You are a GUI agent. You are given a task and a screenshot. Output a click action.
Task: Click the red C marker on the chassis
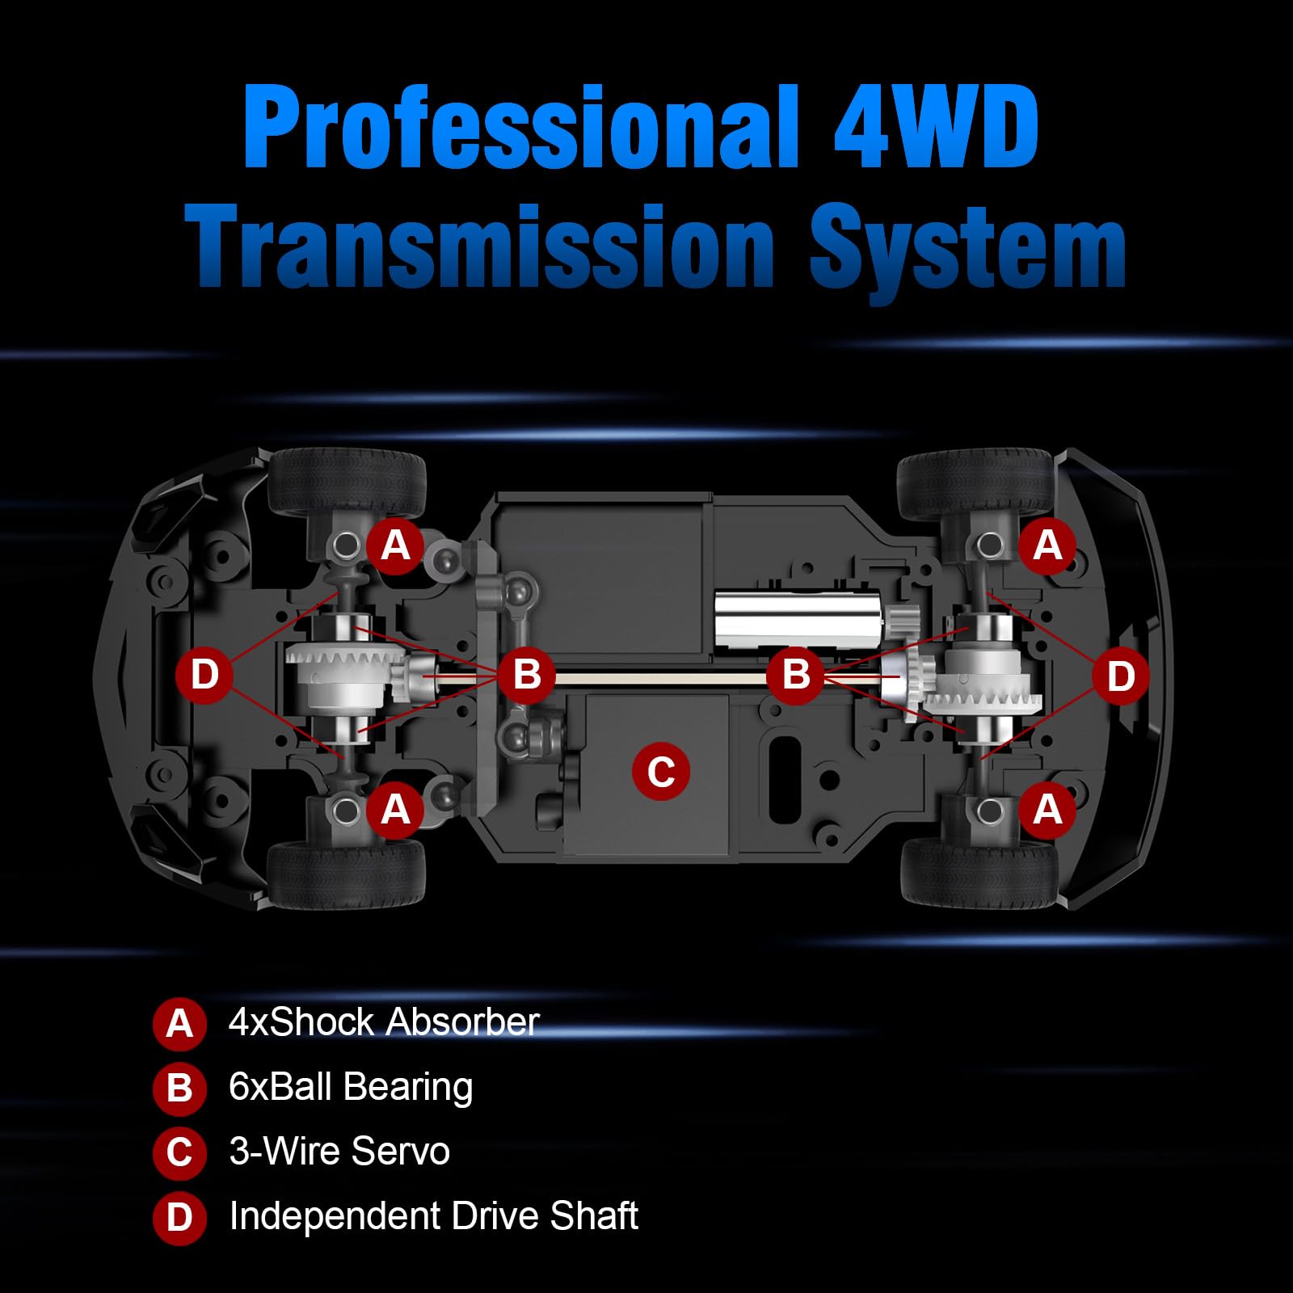pos(661,771)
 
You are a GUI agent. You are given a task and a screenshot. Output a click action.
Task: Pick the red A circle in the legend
pos(179,1024)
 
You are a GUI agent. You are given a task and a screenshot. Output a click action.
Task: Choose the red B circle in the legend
pos(179,1089)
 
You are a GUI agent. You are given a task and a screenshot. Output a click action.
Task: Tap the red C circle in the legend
pos(179,1153)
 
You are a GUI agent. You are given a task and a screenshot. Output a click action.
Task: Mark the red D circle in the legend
pos(179,1218)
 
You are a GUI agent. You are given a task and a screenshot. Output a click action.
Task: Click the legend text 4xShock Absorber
pos(384,1022)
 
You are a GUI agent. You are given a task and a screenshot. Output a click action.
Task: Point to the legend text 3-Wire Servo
pos(339,1152)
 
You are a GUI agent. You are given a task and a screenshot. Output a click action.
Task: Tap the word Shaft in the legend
pos(594,1216)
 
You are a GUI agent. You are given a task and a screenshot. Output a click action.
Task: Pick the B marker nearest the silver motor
pos(796,675)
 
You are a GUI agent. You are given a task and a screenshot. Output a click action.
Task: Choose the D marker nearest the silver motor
pos(1120,676)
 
